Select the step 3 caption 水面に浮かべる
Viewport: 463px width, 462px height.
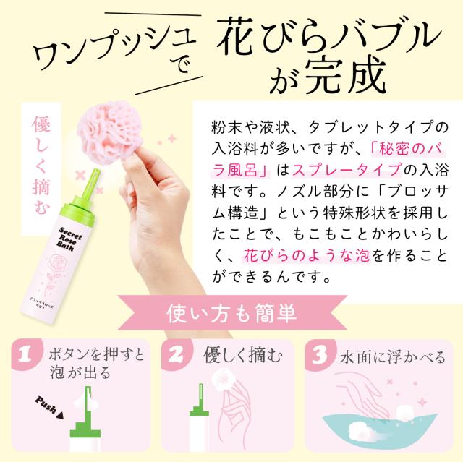pyautogui.click(x=386, y=356)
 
